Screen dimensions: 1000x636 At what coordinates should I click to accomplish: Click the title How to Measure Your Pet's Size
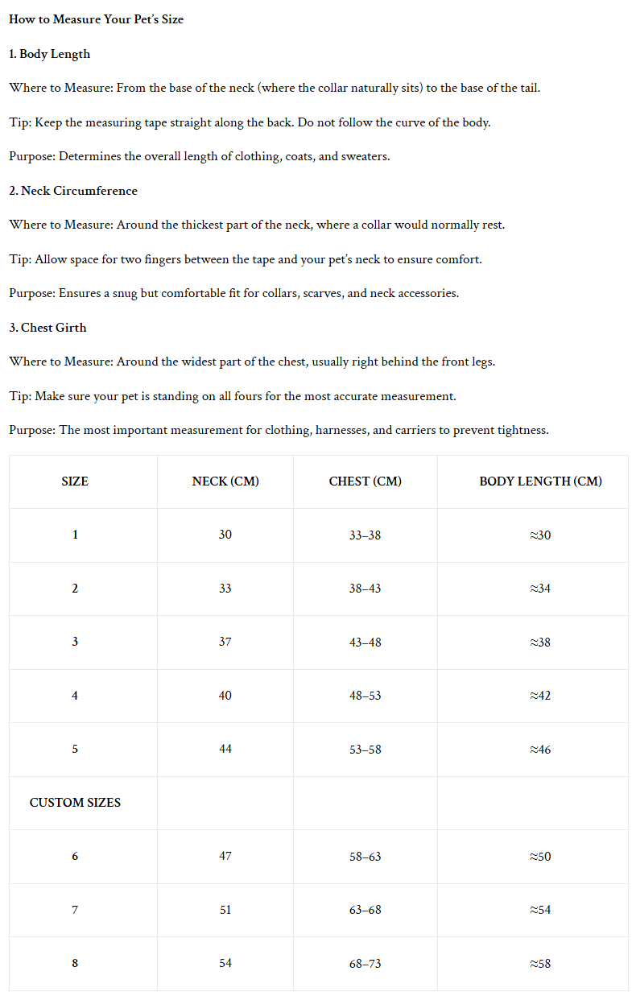(x=96, y=19)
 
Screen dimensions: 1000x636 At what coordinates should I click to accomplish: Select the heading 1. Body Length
(x=50, y=54)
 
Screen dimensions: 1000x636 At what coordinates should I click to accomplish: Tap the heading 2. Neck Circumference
(x=73, y=191)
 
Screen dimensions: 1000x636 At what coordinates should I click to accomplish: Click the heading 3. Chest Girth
(x=47, y=328)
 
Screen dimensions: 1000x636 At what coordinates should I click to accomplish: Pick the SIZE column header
(x=75, y=481)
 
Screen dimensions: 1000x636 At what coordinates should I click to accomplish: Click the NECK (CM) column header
(x=225, y=481)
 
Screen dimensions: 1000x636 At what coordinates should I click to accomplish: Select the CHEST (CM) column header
(x=365, y=481)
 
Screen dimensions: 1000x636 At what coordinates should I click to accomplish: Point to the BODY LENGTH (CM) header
(x=540, y=481)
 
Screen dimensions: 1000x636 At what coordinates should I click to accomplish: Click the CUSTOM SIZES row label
(x=75, y=803)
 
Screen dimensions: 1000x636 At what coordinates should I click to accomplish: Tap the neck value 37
(x=225, y=642)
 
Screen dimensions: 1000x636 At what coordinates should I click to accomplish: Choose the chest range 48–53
(x=365, y=696)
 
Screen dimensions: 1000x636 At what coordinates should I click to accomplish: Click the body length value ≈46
(x=540, y=750)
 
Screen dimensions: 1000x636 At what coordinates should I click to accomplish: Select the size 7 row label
(x=75, y=910)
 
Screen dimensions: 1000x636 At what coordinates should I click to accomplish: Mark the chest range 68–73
(x=365, y=964)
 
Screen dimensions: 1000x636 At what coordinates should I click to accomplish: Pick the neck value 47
(x=225, y=857)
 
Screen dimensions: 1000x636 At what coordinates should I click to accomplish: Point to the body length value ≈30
(x=540, y=535)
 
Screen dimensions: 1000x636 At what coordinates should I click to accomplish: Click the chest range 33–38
(x=365, y=535)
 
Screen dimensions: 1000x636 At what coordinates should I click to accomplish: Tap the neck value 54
(x=225, y=964)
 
